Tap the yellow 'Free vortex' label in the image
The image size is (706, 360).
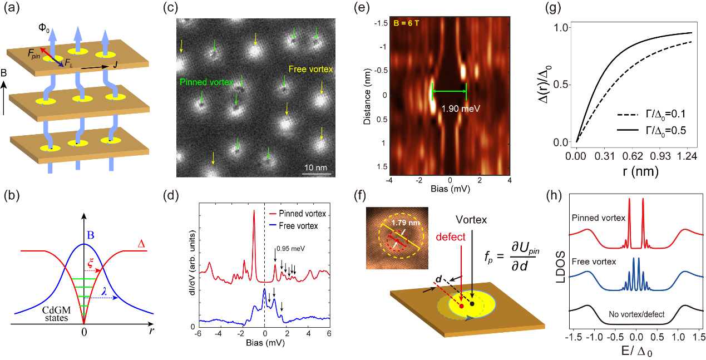pos(310,70)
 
